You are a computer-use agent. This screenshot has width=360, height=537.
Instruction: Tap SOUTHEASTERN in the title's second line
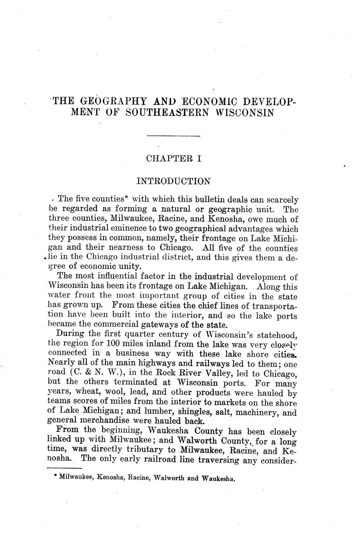pos(168,113)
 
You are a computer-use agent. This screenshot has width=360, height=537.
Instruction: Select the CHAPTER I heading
pos(173,158)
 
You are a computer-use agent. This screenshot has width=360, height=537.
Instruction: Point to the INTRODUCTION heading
pos(174,181)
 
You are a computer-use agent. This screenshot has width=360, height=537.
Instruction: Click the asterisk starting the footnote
pos(56,476)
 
